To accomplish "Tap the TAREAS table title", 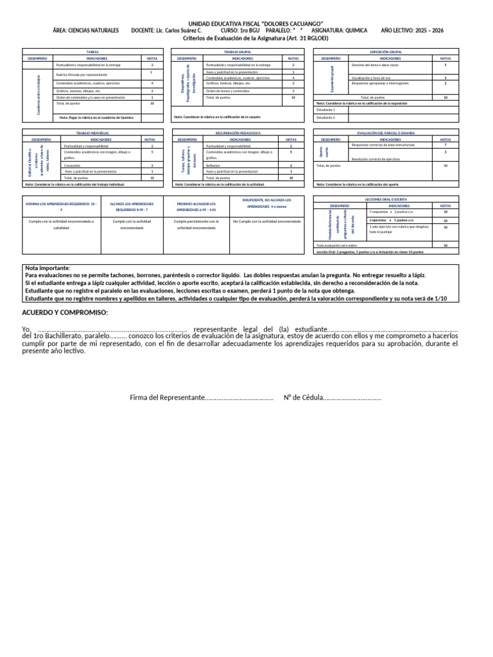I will pos(92,51).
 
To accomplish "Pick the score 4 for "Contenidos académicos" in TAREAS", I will pos(151,83).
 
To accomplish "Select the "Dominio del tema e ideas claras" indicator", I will pos(374,65).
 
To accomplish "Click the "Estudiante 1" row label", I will pos(325,110).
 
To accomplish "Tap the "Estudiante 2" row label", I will pos(325,117).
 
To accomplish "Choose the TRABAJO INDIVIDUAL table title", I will pos(92,133).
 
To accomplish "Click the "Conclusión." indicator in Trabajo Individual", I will pos(72,166).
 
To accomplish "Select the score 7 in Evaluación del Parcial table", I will pos(445,145).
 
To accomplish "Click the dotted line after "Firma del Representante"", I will pos(239,398).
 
